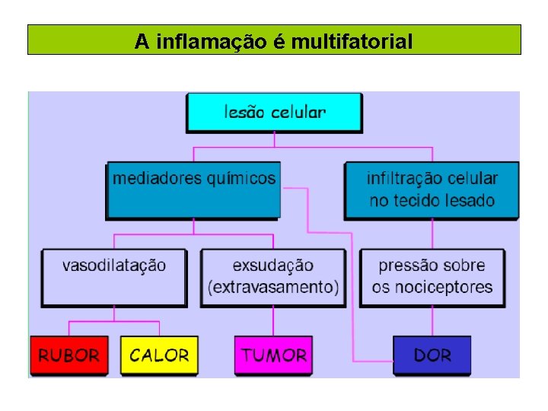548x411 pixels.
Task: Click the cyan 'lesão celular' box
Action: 275,113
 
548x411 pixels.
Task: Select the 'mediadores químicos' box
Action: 193,190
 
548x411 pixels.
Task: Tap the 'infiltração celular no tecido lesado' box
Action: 432,190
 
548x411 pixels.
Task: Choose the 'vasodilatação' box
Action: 114,277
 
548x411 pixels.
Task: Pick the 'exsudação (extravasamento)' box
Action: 272,277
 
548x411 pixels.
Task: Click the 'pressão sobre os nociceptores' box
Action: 432,277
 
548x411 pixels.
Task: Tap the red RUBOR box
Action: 68,355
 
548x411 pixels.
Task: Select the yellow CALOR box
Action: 159,355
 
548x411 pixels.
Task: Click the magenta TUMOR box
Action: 273,355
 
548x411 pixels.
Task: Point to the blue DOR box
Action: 432,355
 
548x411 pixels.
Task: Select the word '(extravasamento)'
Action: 272,288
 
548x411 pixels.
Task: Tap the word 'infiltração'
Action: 400,179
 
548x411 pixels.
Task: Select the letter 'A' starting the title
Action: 141,41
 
